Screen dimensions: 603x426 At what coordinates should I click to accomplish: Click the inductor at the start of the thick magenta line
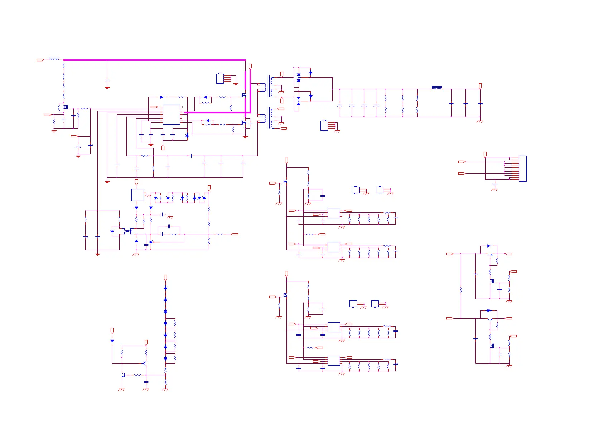click(54, 58)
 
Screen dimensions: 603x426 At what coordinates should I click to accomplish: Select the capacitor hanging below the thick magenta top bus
click(107, 81)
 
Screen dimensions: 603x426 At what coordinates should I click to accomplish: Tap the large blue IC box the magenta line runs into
click(171, 114)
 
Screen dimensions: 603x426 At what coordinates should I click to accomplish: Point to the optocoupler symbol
click(128, 231)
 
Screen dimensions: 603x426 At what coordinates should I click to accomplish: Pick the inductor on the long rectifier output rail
click(436, 88)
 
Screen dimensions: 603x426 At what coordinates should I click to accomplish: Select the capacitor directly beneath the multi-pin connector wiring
click(495, 184)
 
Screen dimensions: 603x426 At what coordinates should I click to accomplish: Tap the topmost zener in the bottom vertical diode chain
click(165, 288)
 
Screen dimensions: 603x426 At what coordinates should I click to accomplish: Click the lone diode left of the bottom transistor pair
click(112, 341)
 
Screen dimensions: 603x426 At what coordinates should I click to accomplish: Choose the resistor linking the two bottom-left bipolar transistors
click(138, 375)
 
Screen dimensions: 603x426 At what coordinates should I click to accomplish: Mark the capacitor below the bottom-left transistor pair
click(146, 382)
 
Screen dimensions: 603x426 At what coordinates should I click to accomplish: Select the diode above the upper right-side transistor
click(489, 246)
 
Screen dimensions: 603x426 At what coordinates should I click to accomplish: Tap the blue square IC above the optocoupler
click(138, 195)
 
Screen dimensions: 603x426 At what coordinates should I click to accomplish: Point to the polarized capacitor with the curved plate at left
click(78, 147)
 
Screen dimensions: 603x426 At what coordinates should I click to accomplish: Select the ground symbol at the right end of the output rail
click(480, 121)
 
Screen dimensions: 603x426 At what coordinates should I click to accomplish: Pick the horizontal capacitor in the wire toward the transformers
click(191, 156)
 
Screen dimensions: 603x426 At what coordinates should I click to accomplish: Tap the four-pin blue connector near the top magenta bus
click(220, 78)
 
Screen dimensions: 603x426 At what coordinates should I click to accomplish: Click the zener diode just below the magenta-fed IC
click(187, 135)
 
